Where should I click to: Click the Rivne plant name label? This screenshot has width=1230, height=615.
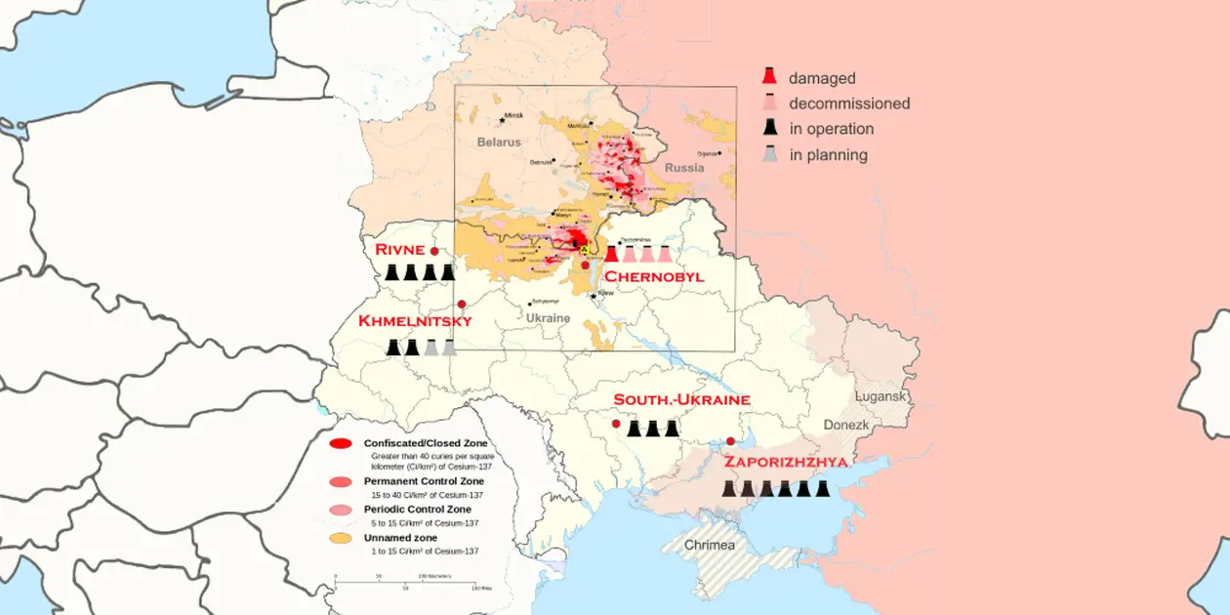(x=399, y=251)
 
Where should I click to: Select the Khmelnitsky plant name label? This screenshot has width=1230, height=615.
(x=415, y=321)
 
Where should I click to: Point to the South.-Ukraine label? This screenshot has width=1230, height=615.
(x=681, y=400)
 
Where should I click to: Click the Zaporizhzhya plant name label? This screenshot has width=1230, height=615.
(x=785, y=462)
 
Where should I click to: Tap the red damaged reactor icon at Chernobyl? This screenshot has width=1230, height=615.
(x=612, y=255)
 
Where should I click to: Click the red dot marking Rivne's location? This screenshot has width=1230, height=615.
(x=434, y=251)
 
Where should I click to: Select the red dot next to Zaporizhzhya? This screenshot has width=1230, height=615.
(x=730, y=441)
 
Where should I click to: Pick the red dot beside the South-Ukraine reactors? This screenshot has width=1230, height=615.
(x=616, y=424)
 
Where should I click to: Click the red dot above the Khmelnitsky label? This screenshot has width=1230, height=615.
(x=462, y=305)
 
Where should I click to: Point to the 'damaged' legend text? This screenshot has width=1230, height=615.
(x=822, y=78)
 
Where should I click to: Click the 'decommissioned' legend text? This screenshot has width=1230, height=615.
(x=849, y=103)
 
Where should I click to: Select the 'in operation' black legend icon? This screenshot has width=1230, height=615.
(x=770, y=128)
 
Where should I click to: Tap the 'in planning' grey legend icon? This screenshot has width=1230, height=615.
(x=770, y=154)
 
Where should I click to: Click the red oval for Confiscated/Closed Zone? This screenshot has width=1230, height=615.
(x=341, y=444)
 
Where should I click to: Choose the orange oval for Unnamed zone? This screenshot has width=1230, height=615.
(x=341, y=538)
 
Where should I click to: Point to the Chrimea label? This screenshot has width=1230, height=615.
(x=710, y=545)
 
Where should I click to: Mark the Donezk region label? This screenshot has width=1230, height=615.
(x=845, y=426)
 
